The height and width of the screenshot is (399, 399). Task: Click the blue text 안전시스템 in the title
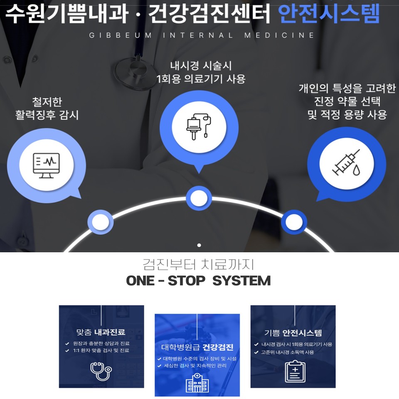pyautogui.click(x=329, y=14)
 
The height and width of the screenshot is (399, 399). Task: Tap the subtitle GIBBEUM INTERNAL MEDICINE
pyautogui.click(x=202, y=35)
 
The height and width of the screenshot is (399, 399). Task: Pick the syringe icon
pyautogui.click(x=346, y=163)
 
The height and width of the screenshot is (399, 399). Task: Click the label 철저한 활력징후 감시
pyautogui.click(x=47, y=108)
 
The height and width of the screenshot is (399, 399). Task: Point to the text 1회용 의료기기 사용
pyautogui.click(x=201, y=79)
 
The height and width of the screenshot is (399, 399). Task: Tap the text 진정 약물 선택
pyautogui.click(x=347, y=101)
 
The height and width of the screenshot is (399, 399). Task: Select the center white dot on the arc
pyautogui.click(x=199, y=198)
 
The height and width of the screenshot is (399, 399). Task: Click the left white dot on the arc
pyautogui.click(x=100, y=222)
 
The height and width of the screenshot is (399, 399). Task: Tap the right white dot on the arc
pyautogui.click(x=294, y=222)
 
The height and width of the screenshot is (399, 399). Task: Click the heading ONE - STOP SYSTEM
pyautogui.click(x=198, y=281)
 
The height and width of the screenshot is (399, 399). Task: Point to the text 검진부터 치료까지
pyautogui.click(x=198, y=264)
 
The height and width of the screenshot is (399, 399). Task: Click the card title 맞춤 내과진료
pyautogui.click(x=101, y=332)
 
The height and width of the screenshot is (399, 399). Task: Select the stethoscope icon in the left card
pyautogui.click(x=101, y=370)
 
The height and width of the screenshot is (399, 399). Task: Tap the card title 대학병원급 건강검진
pyautogui.click(x=197, y=347)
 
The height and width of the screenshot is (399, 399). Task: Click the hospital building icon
pyautogui.click(x=197, y=383)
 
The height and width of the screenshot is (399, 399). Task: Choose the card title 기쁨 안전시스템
pyautogui.click(x=293, y=332)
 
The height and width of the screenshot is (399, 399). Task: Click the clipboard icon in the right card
pyautogui.click(x=295, y=371)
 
